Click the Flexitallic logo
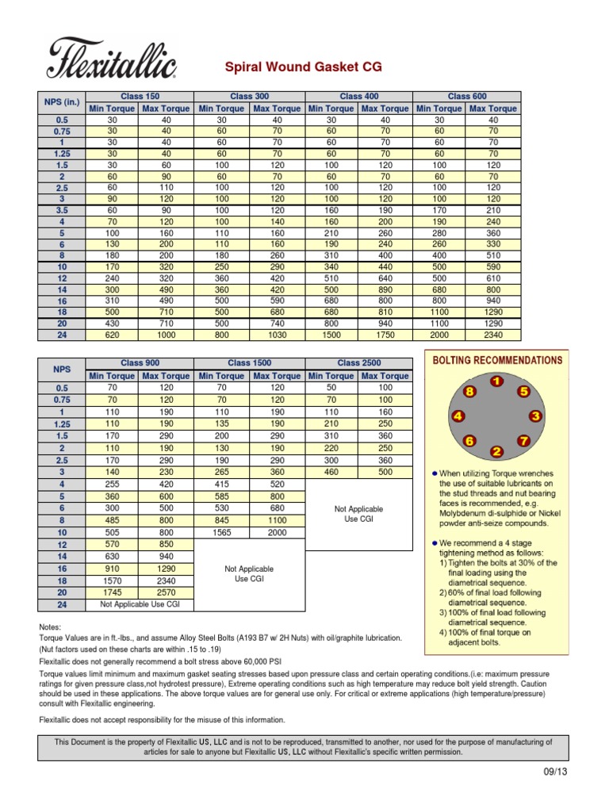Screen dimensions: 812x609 pos(111,58)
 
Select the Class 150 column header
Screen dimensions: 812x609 pos(140,96)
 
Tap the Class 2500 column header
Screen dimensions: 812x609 pos(358,363)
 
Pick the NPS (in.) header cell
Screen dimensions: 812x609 pos(62,102)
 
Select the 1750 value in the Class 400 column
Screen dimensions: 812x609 pos(385,335)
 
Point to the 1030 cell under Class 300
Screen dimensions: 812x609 pos(277,335)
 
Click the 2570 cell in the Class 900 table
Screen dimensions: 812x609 pos(167,592)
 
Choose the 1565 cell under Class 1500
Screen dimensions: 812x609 pos(222,533)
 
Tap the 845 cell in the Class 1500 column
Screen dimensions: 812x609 pos(222,521)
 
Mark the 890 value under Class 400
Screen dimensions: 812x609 pos(385,291)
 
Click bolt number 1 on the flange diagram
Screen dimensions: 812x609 pos(496,381)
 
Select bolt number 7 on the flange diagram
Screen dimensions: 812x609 pos(523,440)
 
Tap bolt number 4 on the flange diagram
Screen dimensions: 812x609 pos(458,416)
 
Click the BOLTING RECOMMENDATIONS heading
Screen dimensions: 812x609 pos(497,360)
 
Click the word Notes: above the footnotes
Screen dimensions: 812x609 pos(51,626)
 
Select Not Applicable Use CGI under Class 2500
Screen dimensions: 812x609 pos(358,514)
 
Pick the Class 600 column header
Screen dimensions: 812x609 pos(467,96)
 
